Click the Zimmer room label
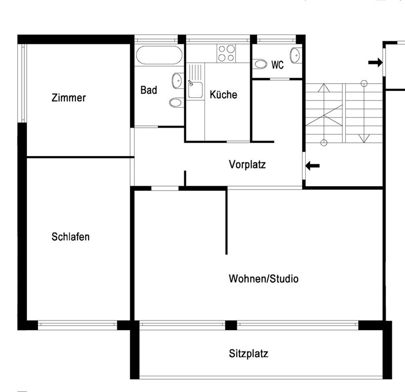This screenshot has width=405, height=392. click(68, 98)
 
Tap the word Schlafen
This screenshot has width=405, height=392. click(70, 237)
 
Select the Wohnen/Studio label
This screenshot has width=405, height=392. click(263, 279)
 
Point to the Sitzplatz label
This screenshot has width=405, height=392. click(248, 354)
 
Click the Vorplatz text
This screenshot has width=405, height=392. click(247, 165)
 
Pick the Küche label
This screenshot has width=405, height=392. click(223, 95)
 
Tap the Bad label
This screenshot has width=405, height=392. click(149, 90)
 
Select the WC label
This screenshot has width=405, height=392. click(277, 65)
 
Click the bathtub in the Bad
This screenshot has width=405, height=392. click(158, 54)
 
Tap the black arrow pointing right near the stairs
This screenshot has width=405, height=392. click(375, 62)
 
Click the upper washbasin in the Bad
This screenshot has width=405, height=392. click(178, 80)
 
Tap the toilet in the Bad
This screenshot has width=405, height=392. click(176, 102)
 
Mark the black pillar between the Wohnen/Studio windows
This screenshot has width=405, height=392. click(231, 325)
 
